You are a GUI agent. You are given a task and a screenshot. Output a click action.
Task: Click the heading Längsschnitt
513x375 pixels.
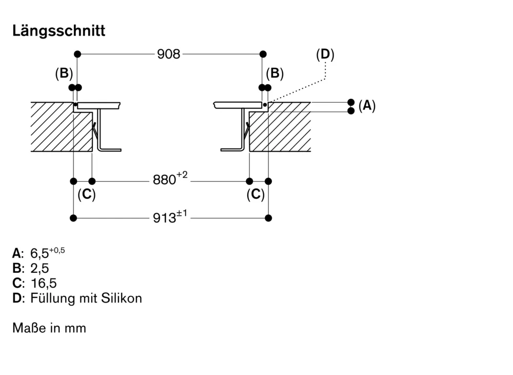coord(58,31)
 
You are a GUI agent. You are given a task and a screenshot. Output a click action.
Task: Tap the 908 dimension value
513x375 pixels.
coord(169,54)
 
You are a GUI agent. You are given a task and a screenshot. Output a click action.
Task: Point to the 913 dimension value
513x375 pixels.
coord(165,218)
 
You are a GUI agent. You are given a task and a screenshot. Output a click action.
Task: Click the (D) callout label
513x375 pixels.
coord(325,55)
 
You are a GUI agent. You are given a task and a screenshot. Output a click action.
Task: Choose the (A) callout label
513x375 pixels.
coord(367,106)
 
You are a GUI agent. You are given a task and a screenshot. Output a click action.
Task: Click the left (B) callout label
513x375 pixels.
coord(64,73)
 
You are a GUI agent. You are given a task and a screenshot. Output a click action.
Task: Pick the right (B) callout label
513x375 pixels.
coord(274,73)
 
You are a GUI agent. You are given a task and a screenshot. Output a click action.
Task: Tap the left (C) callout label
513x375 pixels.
coord(86,195)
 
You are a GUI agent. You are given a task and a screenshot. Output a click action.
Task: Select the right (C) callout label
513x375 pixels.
coord(255,195)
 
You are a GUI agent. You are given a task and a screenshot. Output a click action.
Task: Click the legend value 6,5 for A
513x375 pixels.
coord(40,253)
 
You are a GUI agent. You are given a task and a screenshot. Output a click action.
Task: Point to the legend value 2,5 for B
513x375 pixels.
coord(40,268)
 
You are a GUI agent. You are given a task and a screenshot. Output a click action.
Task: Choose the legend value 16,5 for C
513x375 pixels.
coord(44,283)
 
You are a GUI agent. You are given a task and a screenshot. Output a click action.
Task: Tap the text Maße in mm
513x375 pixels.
coord(49,328)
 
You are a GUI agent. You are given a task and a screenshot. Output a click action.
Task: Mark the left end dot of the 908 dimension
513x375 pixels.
coord(77,54)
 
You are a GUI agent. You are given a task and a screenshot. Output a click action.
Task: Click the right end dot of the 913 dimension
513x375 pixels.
coord(268,218)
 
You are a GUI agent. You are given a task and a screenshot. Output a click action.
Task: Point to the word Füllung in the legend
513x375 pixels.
coord(51,298)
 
